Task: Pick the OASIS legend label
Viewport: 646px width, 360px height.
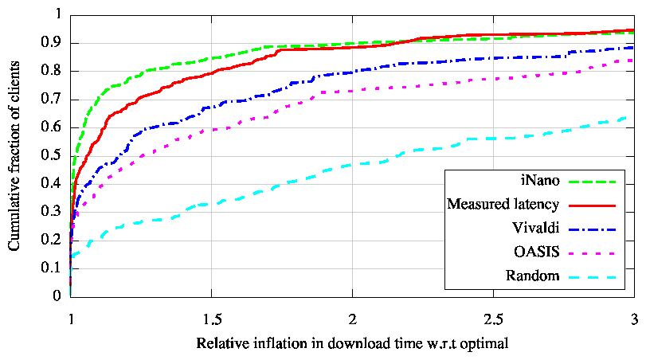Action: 531,252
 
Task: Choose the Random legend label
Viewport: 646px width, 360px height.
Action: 527,276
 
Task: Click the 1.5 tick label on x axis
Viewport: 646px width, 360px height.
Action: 211,316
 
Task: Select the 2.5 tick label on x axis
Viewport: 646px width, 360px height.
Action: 493,316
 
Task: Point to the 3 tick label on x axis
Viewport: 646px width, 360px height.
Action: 634,316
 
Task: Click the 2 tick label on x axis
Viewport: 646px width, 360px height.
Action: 352,316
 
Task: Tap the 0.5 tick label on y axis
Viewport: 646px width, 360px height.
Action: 53,155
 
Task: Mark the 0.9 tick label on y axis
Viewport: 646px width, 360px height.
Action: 53,43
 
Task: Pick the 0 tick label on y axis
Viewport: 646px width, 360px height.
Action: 57,296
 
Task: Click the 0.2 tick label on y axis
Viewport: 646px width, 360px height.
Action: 53,240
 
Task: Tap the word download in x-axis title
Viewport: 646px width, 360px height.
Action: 339,343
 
